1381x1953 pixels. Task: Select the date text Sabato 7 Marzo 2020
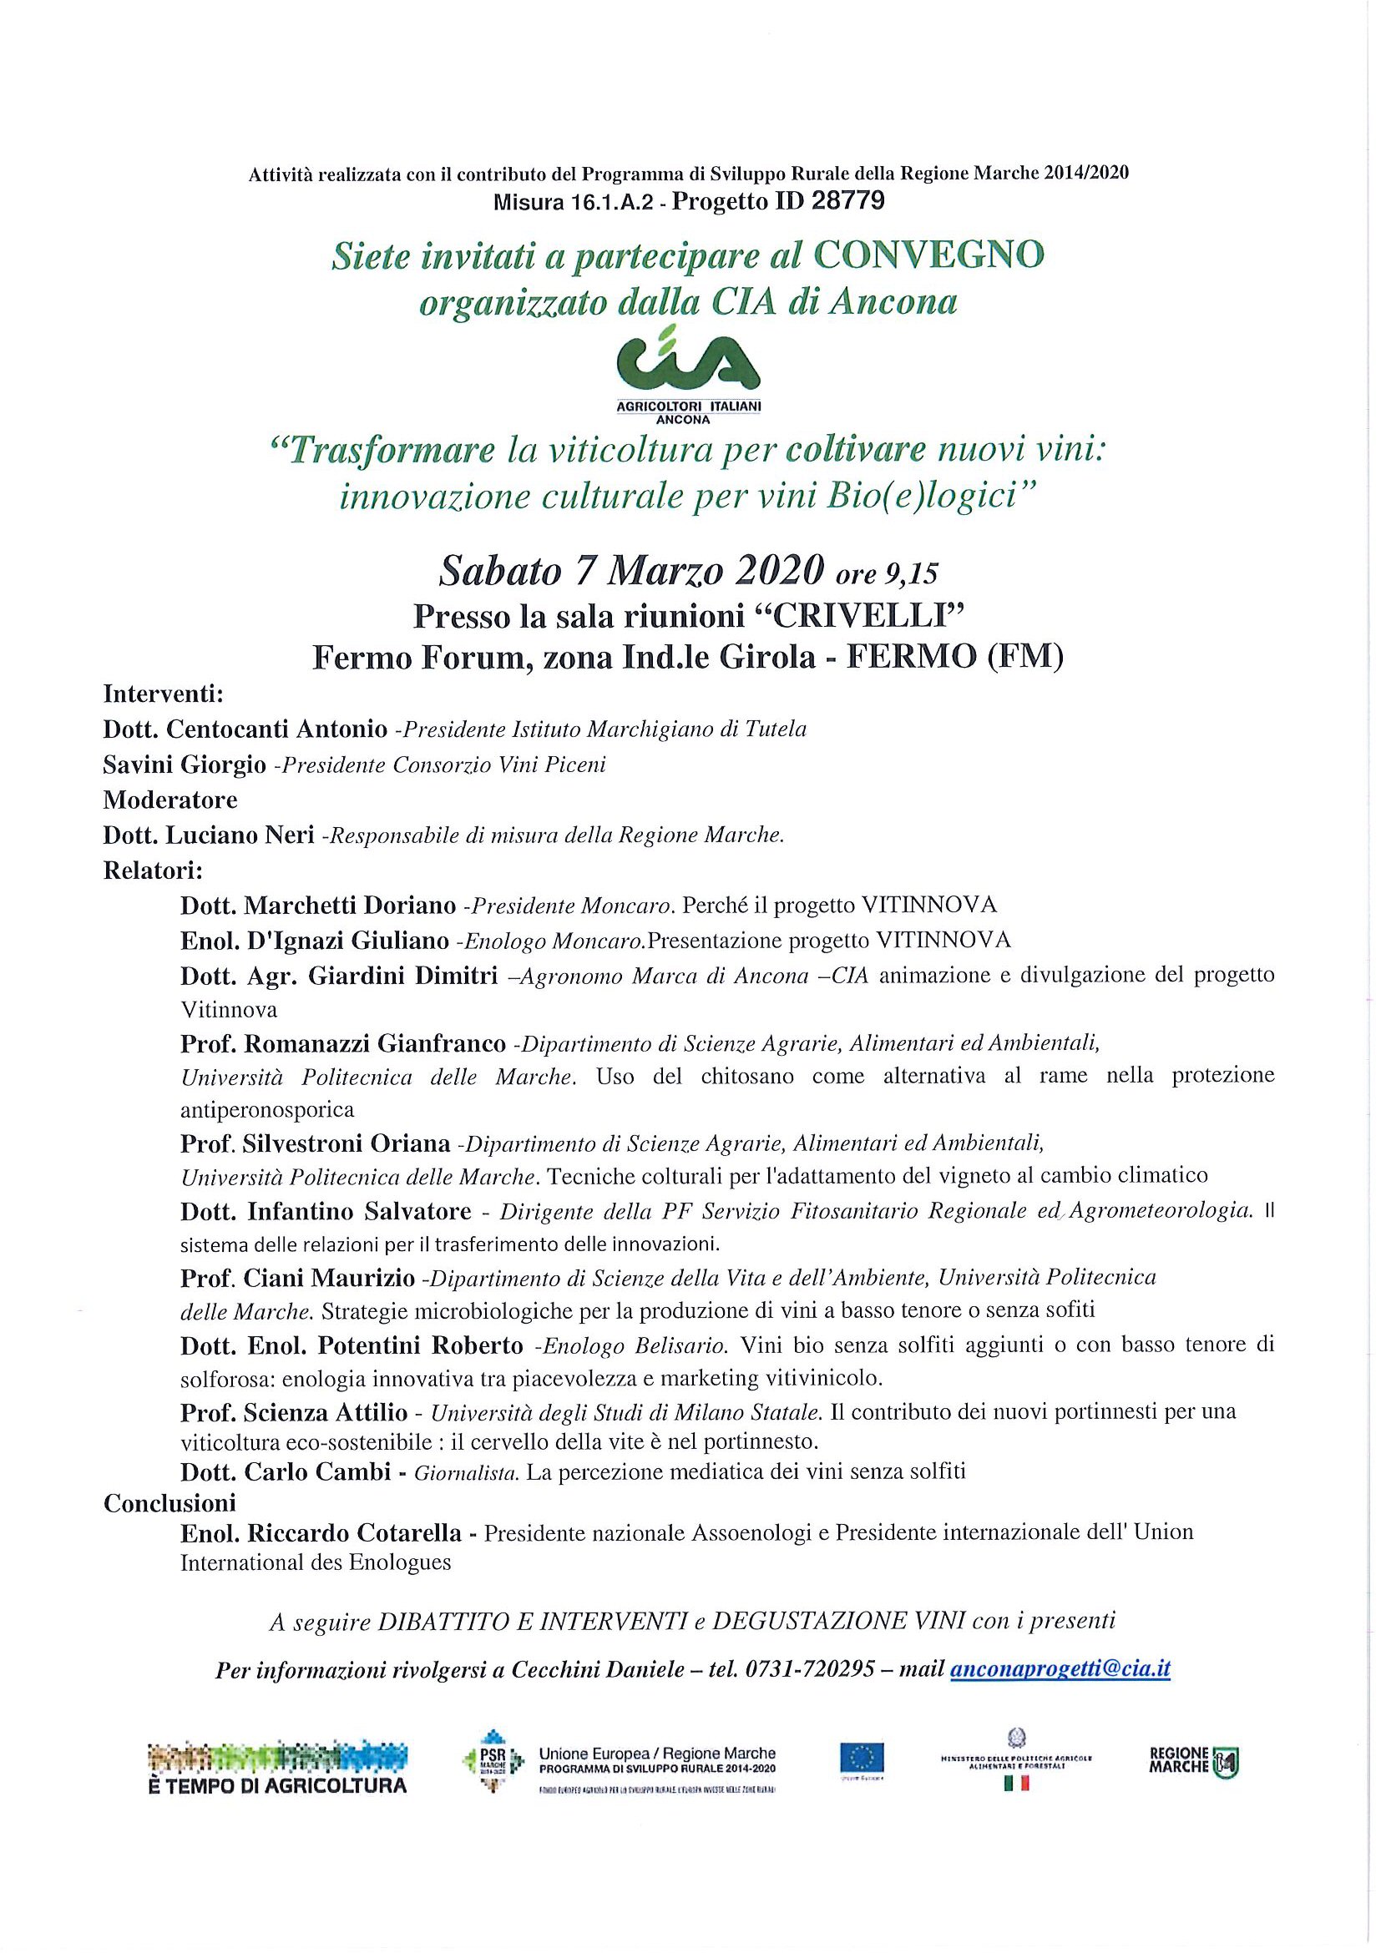[630, 572]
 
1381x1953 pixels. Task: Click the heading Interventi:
[163, 695]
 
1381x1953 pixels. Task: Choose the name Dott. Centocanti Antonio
[246, 729]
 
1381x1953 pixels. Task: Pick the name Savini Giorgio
[185, 765]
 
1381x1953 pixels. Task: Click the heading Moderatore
[170, 800]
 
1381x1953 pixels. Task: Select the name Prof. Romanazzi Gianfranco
[343, 1042]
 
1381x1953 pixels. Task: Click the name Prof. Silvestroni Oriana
[315, 1144]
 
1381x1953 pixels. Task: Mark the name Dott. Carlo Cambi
[285, 1472]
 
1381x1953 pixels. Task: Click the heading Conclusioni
[169, 1503]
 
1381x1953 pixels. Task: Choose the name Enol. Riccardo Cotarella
[321, 1533]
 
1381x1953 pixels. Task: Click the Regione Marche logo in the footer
[1194, 1761]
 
